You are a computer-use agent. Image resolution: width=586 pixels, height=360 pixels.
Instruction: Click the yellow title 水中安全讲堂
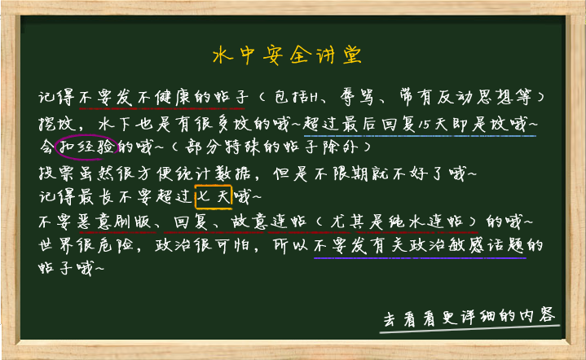(x=287, y=55)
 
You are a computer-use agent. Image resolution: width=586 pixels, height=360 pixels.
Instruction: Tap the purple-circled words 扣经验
(x=87, y=147)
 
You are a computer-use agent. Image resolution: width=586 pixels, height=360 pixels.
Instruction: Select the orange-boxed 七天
(x=214, y=196)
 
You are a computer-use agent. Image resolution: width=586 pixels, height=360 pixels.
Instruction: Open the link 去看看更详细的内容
(x=469, y=318)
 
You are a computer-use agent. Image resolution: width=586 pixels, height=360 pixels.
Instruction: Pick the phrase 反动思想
(x=474, y=97)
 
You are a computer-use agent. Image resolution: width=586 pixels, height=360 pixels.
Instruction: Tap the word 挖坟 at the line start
(x=57, y=124)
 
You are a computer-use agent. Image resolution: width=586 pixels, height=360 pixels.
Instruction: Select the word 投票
(x=57, y=173)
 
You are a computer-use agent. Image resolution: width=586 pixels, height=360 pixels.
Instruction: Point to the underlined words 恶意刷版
(x=114, y=222)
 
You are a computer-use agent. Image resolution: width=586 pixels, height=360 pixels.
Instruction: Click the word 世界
(x=56, y=245)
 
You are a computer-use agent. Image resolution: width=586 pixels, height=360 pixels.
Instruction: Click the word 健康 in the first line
(x=173, y=97)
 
